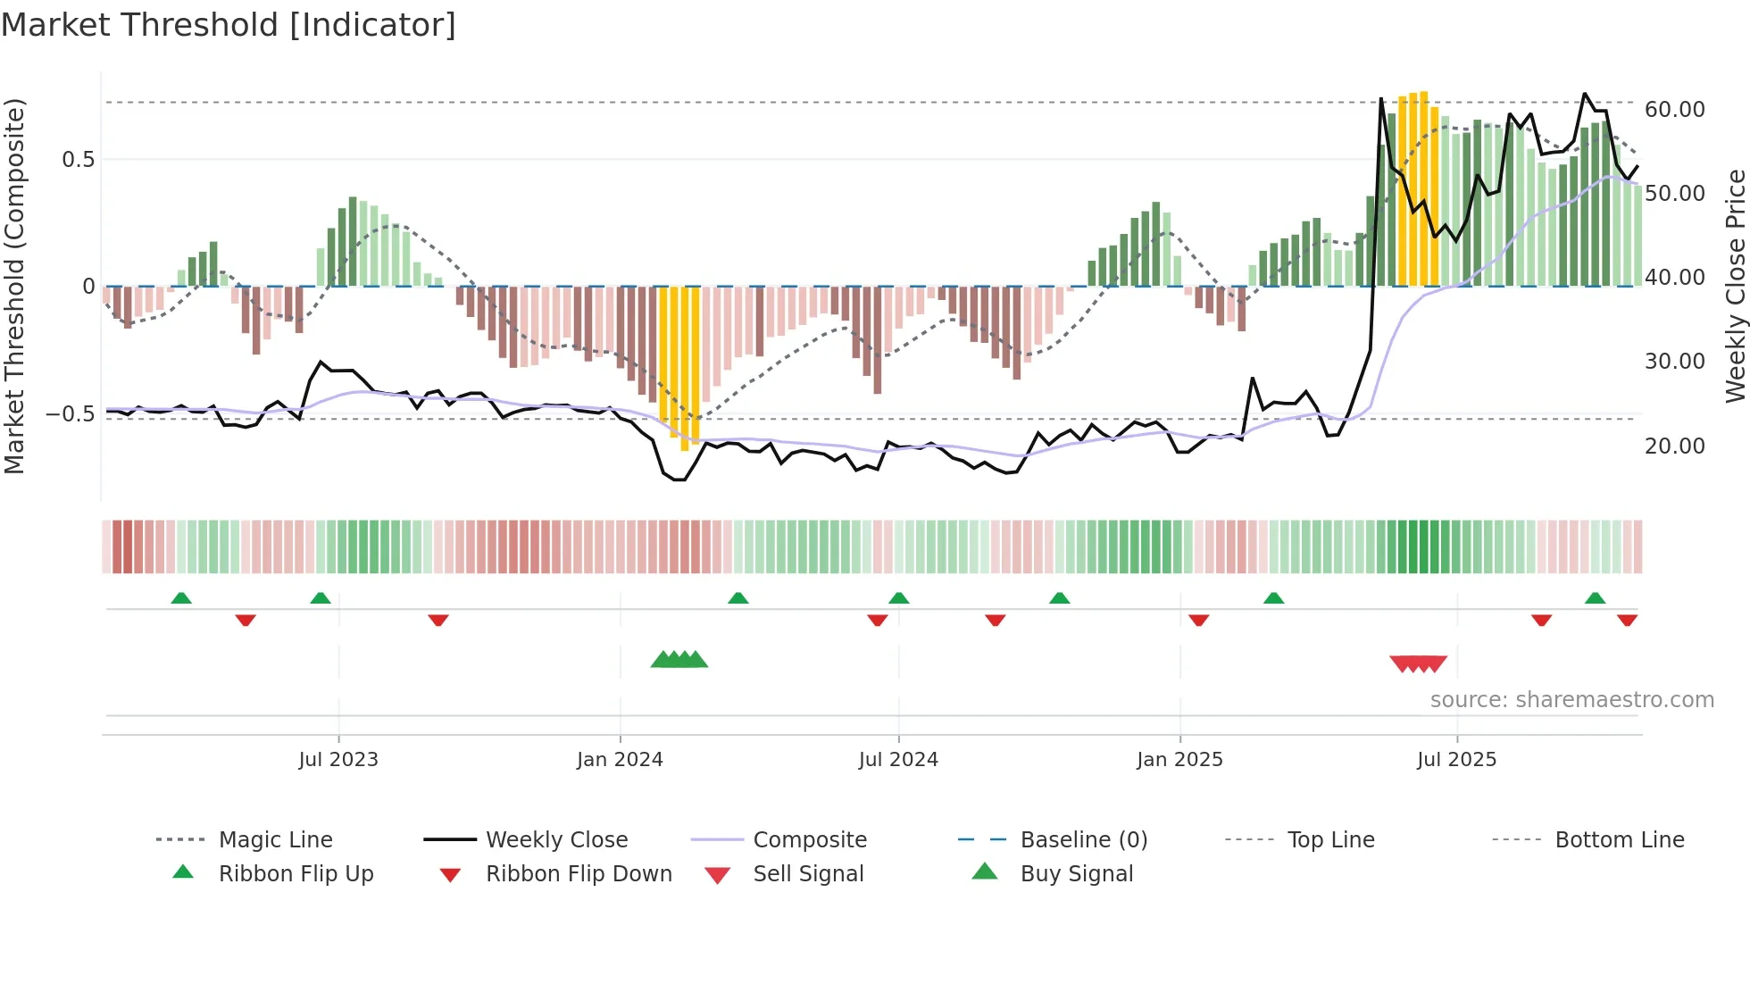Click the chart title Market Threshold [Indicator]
tap(229, 25)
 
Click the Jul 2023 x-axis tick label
tap(338, 759)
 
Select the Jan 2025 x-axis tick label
tap(1179, 759)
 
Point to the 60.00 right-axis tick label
tap(1674, 109)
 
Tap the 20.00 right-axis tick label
tap(1674, 446)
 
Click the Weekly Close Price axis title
tap(1735, 286)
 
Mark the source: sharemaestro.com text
tap(1571, 699)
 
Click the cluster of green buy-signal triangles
tap(679, 660)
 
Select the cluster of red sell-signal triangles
tap(1418, 663)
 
